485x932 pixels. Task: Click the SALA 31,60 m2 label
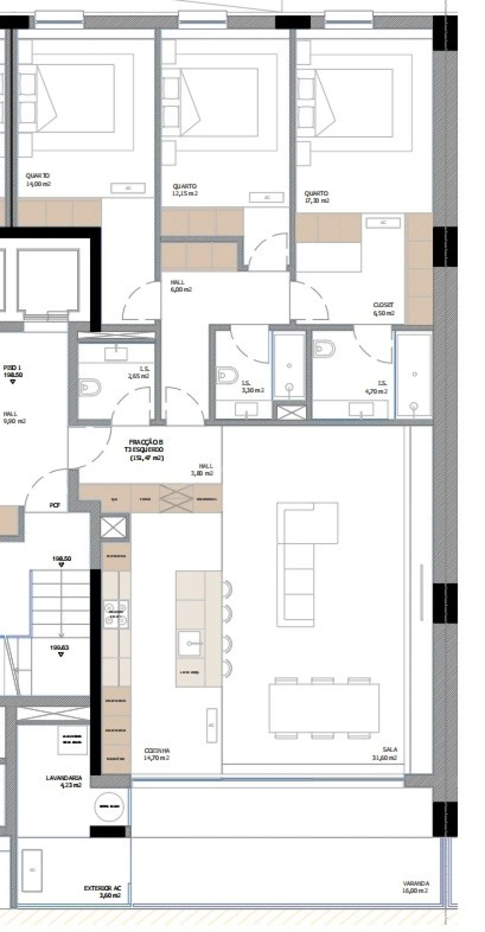tap(390, 753)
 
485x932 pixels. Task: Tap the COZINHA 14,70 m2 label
tap(157, 754)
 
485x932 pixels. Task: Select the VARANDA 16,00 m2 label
tap(415, 887)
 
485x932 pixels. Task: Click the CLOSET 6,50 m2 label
tap(383, 309)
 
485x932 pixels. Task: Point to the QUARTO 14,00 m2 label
tap(38, 179)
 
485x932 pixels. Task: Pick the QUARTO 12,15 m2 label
tap(184, 190)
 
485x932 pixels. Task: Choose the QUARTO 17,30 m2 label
tap(316, 197)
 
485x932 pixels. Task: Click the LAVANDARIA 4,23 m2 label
tap(64, 781)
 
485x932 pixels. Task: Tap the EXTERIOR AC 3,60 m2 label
tap(102, 892)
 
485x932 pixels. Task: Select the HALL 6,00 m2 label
tap(181, 286)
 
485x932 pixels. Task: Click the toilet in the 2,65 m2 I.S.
tap(90, 387)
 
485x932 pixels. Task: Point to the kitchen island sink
tap(190, 643)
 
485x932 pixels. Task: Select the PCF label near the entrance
tap(54, 505)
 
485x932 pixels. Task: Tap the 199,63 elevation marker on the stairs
tap(60, 650)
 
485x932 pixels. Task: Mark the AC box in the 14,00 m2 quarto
tap(128, 188)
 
